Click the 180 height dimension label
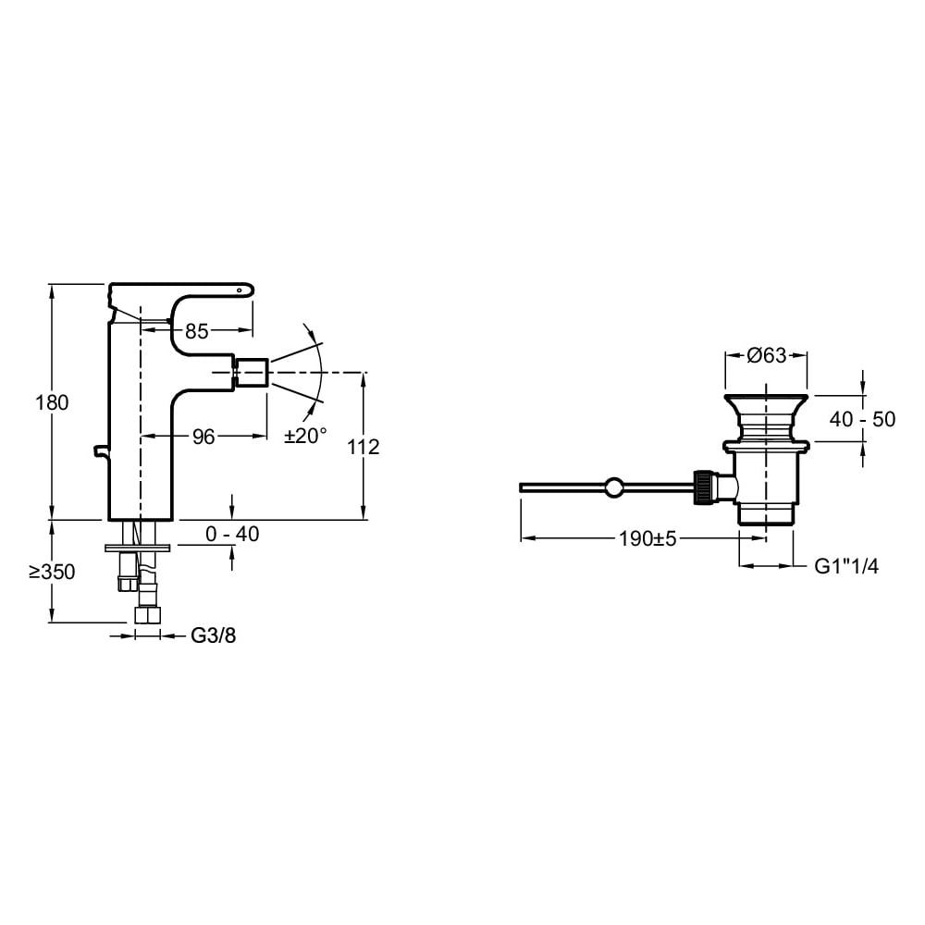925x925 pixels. point(52,403)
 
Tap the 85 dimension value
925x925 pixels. point(197,331)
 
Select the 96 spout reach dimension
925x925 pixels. point(203,438)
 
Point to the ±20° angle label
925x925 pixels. point(305,436)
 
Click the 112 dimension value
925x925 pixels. point(363,447)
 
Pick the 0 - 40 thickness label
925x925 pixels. point(232,534)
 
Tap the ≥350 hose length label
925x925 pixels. point(53,572)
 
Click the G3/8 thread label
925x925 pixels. point(213,635)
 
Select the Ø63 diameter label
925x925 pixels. point(766,355)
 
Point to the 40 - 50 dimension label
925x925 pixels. point(862,419)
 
